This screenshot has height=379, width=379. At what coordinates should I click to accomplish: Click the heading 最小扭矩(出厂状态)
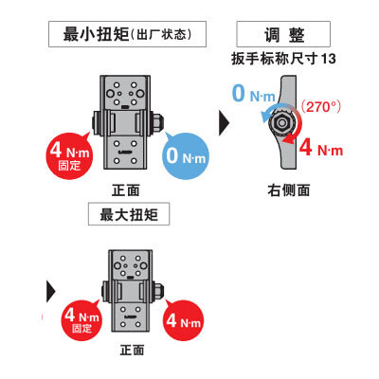pos(127,34)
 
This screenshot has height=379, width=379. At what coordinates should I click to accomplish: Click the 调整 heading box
pos(283,34)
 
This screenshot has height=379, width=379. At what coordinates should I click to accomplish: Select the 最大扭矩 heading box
pos(129,214)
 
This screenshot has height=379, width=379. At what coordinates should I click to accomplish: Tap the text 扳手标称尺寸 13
pos(283,59)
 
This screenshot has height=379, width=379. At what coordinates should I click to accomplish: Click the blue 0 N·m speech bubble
pos(186,156)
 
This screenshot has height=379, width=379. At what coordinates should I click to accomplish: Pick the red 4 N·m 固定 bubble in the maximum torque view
pos(81,319)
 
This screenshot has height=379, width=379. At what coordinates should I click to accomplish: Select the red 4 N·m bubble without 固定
pos(183,319)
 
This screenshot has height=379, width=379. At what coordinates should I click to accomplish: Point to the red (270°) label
pos(320,107)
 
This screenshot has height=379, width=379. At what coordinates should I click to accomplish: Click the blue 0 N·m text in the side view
pos(254,93)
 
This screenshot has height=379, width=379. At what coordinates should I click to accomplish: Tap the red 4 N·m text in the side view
pos(320,148)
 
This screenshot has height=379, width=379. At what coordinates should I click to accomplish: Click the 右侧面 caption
pos(288,190)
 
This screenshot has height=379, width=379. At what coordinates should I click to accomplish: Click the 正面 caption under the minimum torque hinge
pos(126,190)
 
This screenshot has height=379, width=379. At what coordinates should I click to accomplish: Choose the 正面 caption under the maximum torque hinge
pos(132,350)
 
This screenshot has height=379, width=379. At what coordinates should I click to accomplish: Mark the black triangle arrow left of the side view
pos(224,122)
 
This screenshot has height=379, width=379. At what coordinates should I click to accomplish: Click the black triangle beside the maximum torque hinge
pos(51,291)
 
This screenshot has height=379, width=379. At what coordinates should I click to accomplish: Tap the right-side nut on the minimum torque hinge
pos(157,122)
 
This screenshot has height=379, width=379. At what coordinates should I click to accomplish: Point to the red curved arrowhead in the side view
pos(288,139)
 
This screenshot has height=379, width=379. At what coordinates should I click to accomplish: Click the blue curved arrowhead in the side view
pos(265,117)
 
